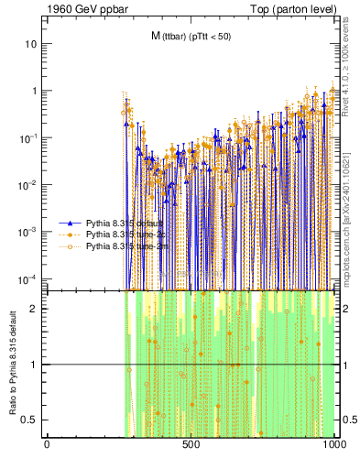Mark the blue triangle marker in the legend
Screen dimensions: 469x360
(x=72, y=223)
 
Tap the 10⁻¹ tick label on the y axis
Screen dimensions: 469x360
(x=27, y=137)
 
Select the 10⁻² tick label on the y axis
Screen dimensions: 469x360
(x=27, y=184)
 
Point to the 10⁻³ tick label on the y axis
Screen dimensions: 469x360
(x=27, y=231)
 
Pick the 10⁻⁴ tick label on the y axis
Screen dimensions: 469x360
(x=27, y=278)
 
